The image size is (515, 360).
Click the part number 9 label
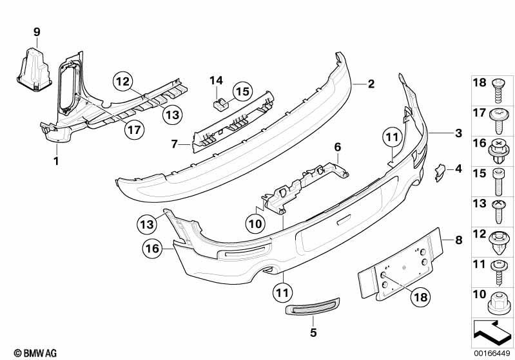pyautogui.click(x=37, y=32)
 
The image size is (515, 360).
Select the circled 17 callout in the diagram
pyautogui.click(x=134, y=129)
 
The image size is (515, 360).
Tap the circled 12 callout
pyautogui.click(x=123, y=81)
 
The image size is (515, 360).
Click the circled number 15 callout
pyautogui.click(x=243, y=91)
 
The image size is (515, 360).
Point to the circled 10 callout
pyautogui.click(x=255, y=224)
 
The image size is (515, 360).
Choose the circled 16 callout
pyautogui.click(x=152, y=249)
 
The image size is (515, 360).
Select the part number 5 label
pyautogui.click(x=313, y=333)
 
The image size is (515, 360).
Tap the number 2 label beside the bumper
pyautogui.click(x=371, y=84)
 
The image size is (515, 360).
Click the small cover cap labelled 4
pyautogui.click(x=440, y=173)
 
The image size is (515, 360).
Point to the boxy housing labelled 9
pyautogui.click(x=35, y=70)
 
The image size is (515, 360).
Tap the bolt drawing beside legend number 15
pyautogui.click(x=499, y=182)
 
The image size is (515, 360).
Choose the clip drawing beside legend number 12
pyautogui.click(x=500, y=243)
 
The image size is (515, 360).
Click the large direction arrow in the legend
pyautogui.click(x=492, y=332)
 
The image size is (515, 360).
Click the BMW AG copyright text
pyautogui.click(x=35, y=353)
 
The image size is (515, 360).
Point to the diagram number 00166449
pyautogui.click(x=492, y=354)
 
